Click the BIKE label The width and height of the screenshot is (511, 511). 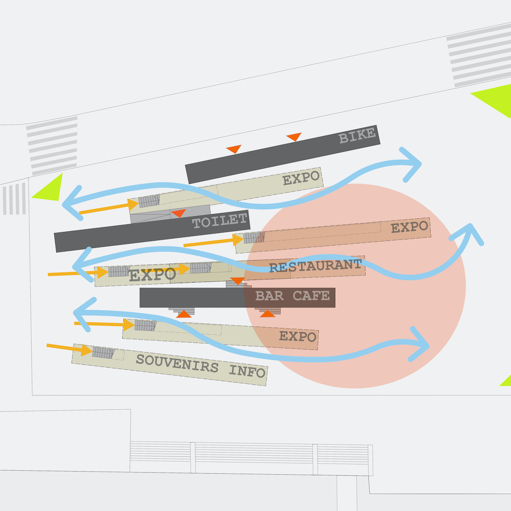(x=357, y=136)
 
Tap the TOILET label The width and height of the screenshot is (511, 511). (x=220, y=221)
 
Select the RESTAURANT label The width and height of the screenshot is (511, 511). (x=315, y=266)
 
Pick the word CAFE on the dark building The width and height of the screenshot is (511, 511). (x=311, y=296)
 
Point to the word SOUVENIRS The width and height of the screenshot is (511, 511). (x=177, y=363)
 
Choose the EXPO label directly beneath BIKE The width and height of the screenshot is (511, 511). (x=301, y=179)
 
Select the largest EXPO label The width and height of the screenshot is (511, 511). (x=152, y=275)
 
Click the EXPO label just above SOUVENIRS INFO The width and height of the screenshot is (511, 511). (x=298, y=337)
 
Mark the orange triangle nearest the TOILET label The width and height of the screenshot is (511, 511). (x=178, y=213)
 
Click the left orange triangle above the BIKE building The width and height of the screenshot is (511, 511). (x=234, y=149)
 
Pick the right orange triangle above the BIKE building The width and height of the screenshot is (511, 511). (x=294, y=136)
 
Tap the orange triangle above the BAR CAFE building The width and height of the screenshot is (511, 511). (x=237, y=281)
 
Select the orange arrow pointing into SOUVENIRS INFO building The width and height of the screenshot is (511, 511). (x=69, y=349)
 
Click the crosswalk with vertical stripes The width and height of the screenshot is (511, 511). (x=14, y=199)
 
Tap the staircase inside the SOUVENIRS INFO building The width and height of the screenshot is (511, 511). (x=103, y=353)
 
